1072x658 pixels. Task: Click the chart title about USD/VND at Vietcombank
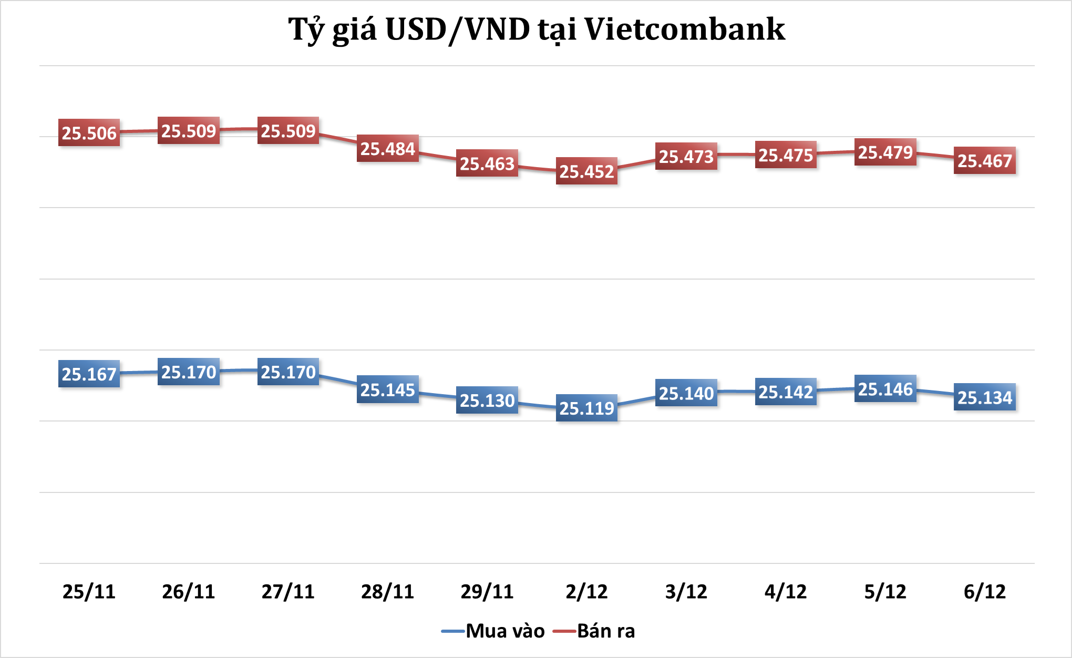[537, 29]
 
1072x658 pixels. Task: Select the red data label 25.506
[89, 133]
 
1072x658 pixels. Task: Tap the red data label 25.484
[388, 149]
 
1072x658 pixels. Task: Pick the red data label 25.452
[586, 171]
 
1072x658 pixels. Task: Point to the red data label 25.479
[885, 152]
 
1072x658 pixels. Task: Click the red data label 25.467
[985, 161]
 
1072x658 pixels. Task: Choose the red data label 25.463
[487, 163]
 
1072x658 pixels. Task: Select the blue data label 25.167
[89, 374]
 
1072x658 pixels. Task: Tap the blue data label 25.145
[388, 390]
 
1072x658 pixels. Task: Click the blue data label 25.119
[586, 408]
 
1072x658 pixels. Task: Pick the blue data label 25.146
[885, 389]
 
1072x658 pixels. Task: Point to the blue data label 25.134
[985, 397]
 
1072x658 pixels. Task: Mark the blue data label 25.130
[487, 400]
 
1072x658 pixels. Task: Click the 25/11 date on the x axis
[89, 592]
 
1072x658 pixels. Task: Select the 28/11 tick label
[388, 592]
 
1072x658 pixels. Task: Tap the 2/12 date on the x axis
[586, 592]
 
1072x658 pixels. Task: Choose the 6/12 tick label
[985, 592]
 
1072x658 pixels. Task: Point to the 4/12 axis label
[786, 592]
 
